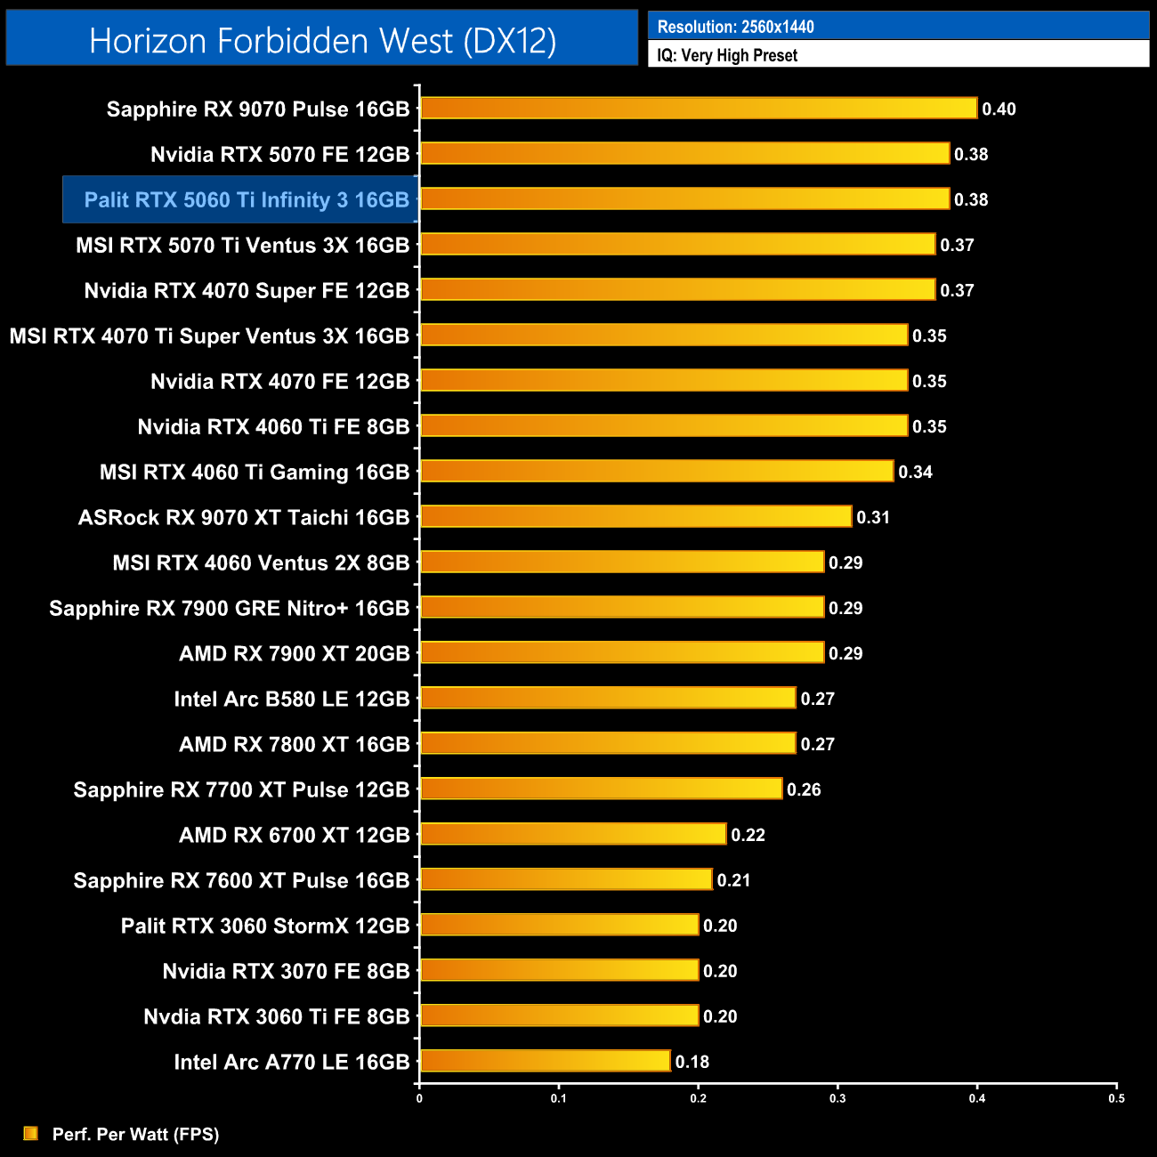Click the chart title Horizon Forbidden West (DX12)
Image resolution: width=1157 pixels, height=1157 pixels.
tap(322, 41)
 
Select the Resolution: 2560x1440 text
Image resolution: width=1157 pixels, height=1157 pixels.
tap(735, 27)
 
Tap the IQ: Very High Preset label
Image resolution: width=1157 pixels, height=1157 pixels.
tap(727, 55)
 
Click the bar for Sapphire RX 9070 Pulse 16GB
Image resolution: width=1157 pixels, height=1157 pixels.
tap(699, 109)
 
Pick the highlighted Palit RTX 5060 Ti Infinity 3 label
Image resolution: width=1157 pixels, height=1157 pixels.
tap(247, 200)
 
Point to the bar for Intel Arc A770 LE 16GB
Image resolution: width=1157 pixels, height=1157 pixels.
tap(545, 1061)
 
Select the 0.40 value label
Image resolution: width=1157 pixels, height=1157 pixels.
tap(999, 109)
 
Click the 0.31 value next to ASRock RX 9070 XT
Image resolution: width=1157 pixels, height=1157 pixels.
tap(873, 518)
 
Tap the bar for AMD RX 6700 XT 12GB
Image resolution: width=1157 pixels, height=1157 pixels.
tap(573, 834)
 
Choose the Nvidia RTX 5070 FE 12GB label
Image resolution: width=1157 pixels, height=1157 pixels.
tap(280, 155)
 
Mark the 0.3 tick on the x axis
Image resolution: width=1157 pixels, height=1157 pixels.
tap(837, 1098)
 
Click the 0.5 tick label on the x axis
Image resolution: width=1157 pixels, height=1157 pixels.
tap(1116, 1098)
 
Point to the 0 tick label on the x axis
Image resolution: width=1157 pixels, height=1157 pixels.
tap(419, 1098)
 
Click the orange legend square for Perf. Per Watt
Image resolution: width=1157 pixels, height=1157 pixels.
tap(31, 1133)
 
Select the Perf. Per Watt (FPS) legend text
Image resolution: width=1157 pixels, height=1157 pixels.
tap(135, 1134)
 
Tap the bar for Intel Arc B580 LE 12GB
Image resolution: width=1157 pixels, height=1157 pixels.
tap(608, 698)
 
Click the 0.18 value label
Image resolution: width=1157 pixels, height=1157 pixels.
tap(692, 1062)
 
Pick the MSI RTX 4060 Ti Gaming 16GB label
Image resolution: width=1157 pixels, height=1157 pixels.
tap(255, 473)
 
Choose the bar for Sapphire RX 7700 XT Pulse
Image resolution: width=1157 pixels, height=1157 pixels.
tap(601, 789)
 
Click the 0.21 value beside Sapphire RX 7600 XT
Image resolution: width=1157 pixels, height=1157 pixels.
tap(734, 880)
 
